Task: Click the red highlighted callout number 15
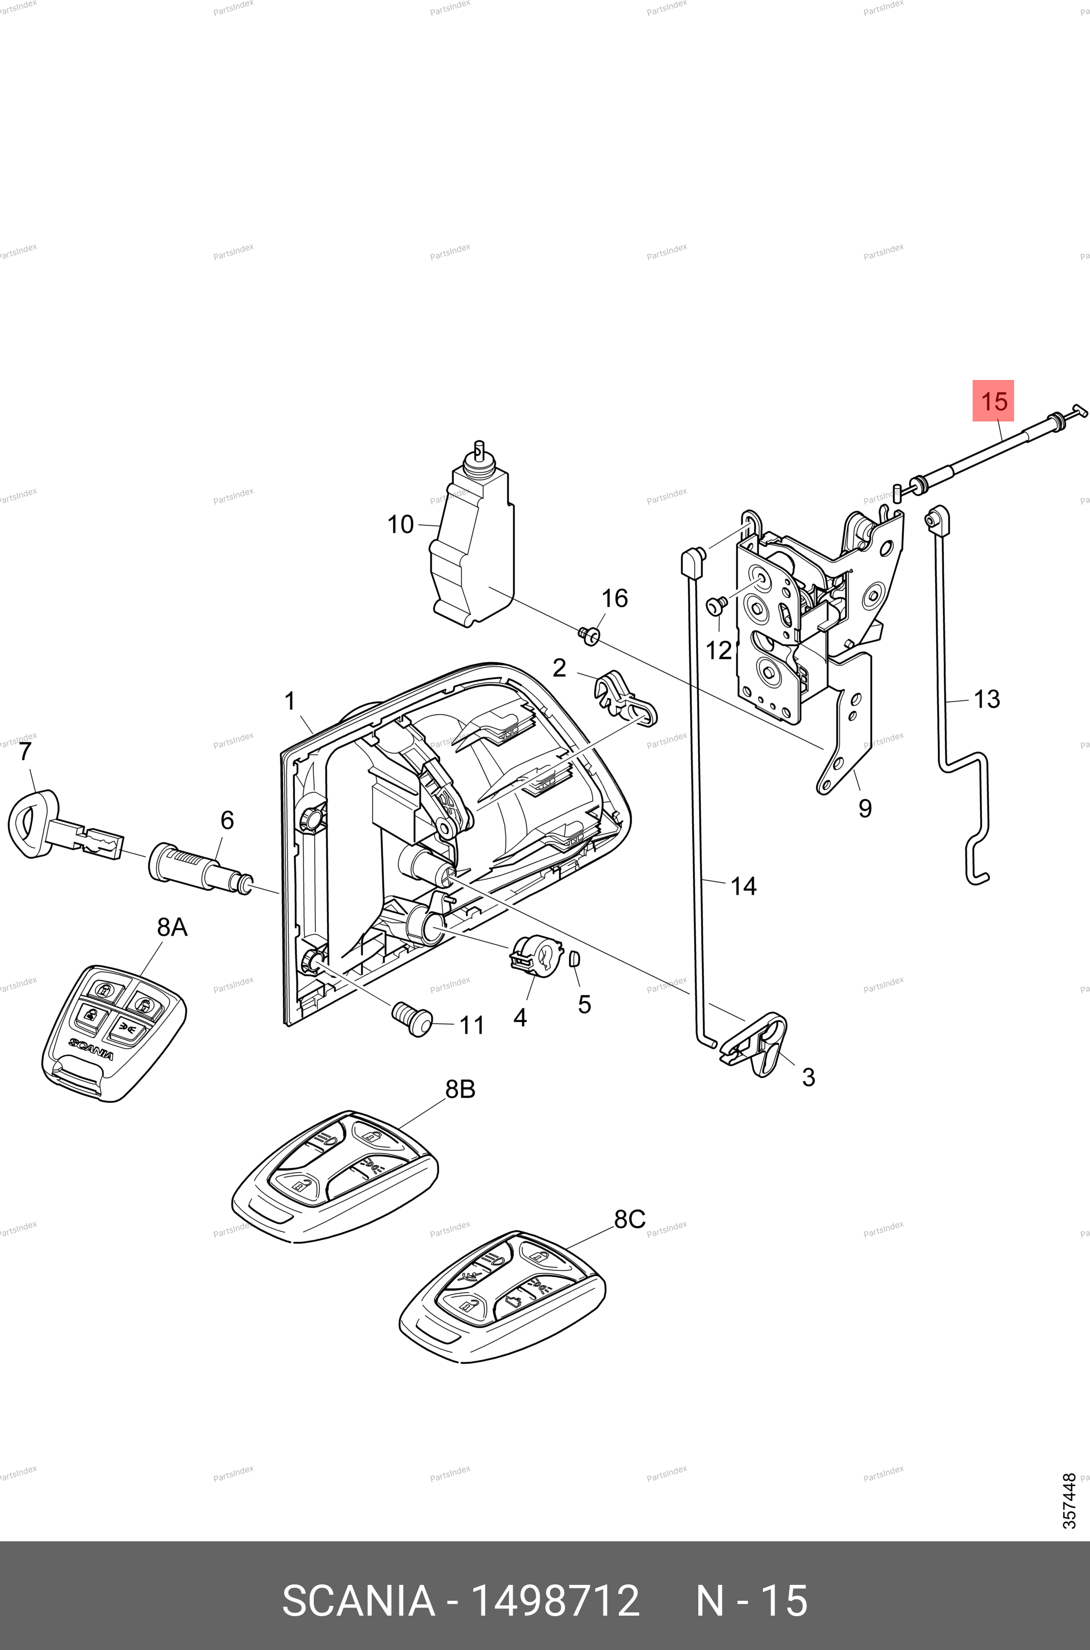(993, 401)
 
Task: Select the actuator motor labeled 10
(473, 549)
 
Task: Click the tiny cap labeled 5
(574, 960)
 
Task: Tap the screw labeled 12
(716, 606)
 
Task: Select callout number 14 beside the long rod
(743, 886)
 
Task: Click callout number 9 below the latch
(865, 808)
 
